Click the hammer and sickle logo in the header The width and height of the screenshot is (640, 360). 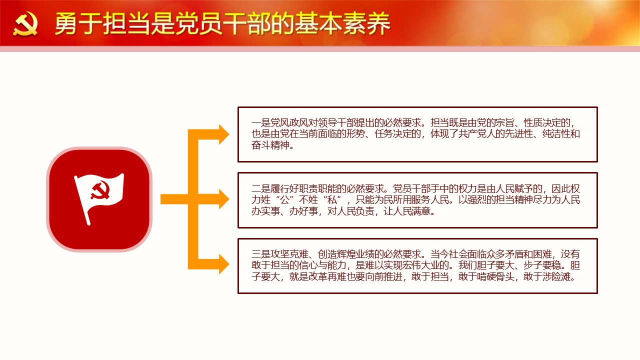[x=25, y=24]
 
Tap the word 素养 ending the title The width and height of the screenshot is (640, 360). [x=366, y=23]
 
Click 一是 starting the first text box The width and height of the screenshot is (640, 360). [x=261, y=123]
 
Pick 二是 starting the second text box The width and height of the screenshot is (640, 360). [x=261, y=188]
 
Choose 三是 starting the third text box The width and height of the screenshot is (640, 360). [x=261, y=254]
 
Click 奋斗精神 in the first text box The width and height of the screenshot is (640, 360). [x=270, y=145]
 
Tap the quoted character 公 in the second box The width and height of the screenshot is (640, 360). [x=284, y=199]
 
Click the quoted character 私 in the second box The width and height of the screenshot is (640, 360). [x=331, y=199]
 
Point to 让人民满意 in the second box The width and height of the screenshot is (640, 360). [x=407, y=211]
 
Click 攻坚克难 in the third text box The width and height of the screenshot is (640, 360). [x=289, y=254]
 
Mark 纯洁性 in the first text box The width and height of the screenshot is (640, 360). [x=556, y=134]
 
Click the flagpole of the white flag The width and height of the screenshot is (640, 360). [x=82, y=201]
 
